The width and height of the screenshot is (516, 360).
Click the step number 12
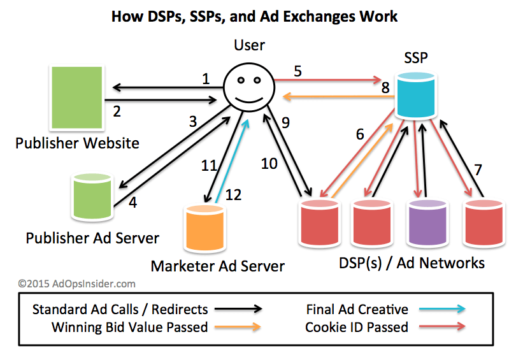(x=234, y=195)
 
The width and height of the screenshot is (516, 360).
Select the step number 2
(x=117, y=112)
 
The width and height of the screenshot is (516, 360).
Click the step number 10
(x=269, y=164)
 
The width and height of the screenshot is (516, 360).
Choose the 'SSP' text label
(x=415, y=58)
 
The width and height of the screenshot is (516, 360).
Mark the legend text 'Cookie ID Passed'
(x=356, y=328)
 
